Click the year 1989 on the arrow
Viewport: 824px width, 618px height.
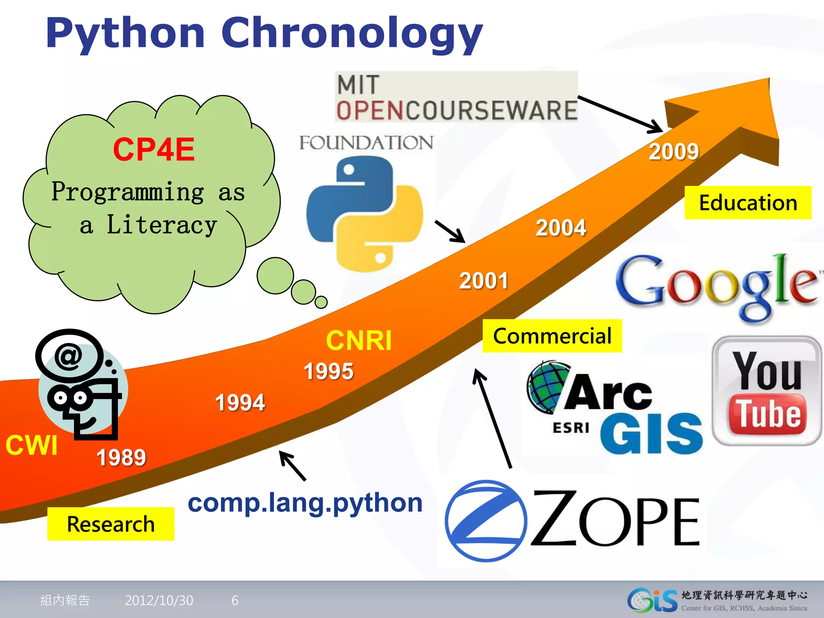point(121,457)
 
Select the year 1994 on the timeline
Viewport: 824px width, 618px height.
point(240,402)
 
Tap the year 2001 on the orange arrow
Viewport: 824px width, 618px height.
point(484,281)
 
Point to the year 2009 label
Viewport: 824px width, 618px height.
point(674,152)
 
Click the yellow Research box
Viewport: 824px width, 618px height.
point(111,524)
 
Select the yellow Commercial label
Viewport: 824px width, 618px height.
point(552,336)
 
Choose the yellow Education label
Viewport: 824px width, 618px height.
point(748,203)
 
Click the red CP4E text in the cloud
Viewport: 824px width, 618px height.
point(154,150)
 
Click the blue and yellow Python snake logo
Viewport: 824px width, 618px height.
point(364,214)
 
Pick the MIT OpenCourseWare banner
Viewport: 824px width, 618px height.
point(456,97)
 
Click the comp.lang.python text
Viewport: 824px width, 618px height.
point(305,503)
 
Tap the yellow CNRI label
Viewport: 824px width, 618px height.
point(358,340)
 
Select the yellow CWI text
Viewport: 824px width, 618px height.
point(31,445)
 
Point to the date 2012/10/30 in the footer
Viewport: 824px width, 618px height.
point(159,600)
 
